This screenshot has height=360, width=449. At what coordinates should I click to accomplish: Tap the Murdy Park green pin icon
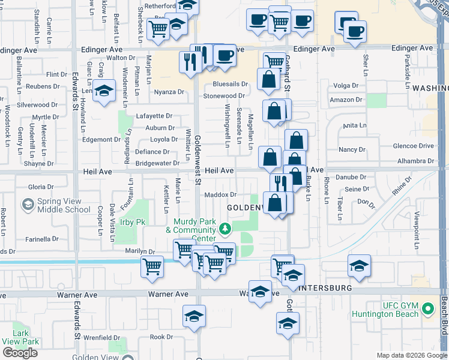pyautogui.click(x=225, y=229)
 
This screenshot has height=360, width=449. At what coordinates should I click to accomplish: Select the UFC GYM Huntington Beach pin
pyautogui.click(x=427, y=310)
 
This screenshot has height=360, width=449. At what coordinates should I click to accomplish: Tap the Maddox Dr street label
pyautogui.click(x=220, y=194)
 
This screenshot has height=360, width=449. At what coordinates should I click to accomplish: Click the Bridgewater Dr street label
pyautogui.click(x=157, y=163)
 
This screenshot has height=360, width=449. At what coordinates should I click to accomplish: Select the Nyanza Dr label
pyautogui.click(x=169, y=92)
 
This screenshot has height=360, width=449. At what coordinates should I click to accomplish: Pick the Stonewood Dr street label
pyautogui.click(x=224, y=95)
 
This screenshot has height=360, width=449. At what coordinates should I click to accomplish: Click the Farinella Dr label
pyautogui.click(x=42, y=239)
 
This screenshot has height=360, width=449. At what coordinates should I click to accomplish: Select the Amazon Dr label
pyautogui.click(x=346, y=100)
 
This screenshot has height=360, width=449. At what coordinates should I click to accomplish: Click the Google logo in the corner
pyautogui.click(x=20, y=353)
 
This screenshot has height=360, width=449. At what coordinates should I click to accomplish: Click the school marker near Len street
pyautogui.click(x=104, y=91)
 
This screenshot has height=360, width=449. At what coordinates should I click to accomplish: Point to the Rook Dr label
pyautogui.click(x=161, y=337)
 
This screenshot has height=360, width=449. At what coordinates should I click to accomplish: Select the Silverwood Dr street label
pyautogui.click(x=37, y=104)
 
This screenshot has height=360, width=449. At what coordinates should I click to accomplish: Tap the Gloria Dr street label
pyautogui.click(x=41, y=187)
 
